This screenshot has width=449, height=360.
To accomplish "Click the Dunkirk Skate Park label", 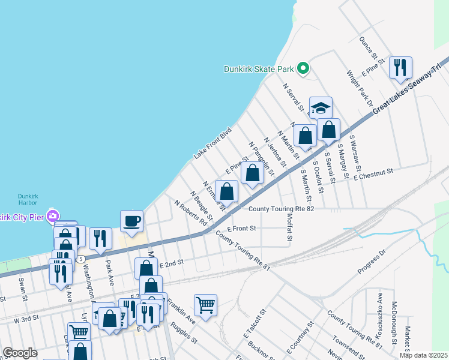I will pyautogui.click(x=259, y=69).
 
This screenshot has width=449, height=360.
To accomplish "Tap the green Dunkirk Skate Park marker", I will pyautogui.click(x=304, y=68).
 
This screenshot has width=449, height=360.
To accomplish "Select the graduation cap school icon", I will pyautogui.click(x=321, y=108).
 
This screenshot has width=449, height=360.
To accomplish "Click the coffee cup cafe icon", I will pyautogui.click(x=132, y=221).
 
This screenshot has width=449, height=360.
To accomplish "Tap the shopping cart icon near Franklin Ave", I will pyautogui.click(x=205, y=305).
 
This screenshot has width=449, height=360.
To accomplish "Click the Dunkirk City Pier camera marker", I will pyautogui.click(x=53, y=216).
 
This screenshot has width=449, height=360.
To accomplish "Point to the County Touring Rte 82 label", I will pyautogui.click(x=282, y=209).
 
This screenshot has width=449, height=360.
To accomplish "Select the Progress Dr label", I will pyautogui.click(x=372, y=265).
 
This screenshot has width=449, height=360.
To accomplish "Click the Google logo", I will pyautogui.click(x=20, y=353).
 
